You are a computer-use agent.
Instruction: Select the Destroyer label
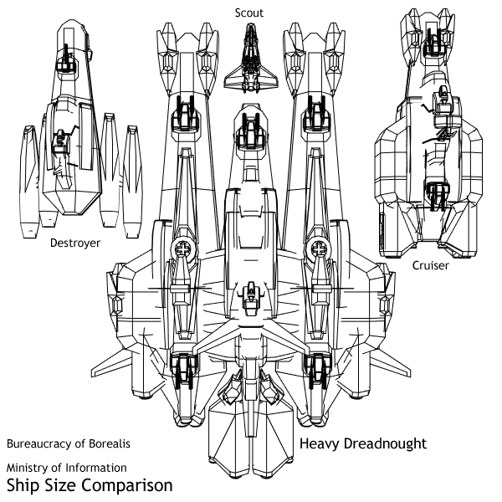point(74,243)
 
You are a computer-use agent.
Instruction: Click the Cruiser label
point(431,265)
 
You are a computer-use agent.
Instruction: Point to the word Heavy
point(319,443)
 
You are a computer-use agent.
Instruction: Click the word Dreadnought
point(384,443)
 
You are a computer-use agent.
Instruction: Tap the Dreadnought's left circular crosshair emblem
point(185,248)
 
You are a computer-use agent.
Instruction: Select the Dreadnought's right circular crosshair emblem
point(317,248)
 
